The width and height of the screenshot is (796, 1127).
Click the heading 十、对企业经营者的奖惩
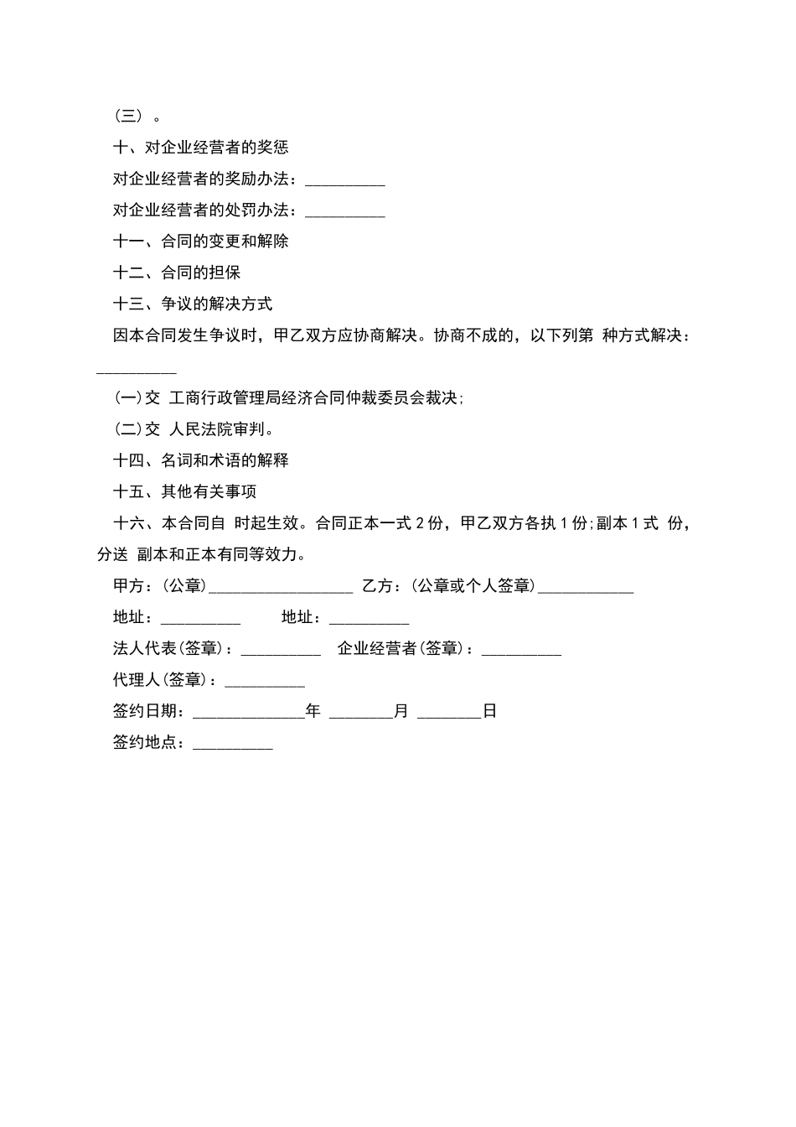click(200, 148)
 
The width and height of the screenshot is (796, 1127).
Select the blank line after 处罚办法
click(345, 212)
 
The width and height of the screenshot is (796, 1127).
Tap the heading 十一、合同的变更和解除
click(200, 241)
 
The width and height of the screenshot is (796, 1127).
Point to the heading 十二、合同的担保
click(177, 273)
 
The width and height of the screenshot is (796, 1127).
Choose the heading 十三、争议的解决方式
click(193, 304)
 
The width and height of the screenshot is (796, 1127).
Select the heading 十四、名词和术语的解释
click(200, 460)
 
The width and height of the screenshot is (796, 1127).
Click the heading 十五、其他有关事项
click(184, 492)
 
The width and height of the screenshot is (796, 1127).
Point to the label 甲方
click(128, 586)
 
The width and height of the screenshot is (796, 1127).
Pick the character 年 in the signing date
click(313, 711)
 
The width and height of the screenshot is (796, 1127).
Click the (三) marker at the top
click(129, 117)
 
